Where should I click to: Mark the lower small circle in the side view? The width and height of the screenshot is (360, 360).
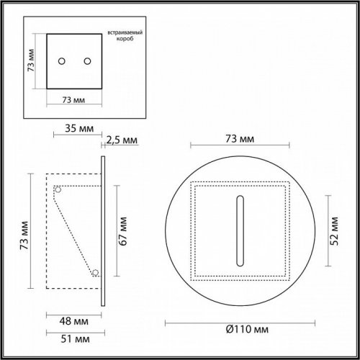[x=94, y=272]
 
